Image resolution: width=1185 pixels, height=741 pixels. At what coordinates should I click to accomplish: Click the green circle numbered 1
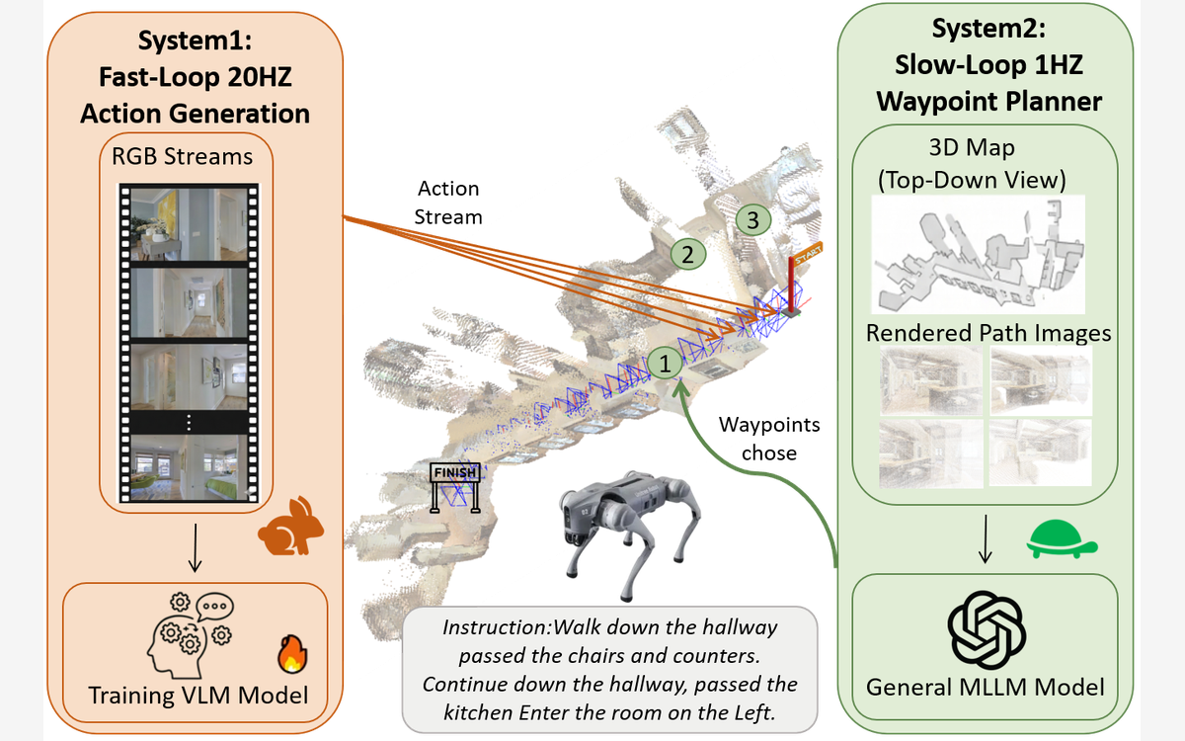pyautogui.click(x=665, y=364)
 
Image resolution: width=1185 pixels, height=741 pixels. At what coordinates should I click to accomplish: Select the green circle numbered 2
pyautogui.click(x=687, y=255)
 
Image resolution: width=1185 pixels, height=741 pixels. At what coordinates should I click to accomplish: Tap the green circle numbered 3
pyautogui.click(x=752, y=219)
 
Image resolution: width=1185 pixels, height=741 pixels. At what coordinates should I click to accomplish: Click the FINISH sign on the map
pyautogui.click(x=455, y=487)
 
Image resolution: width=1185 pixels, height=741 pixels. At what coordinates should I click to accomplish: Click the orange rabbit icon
pyautogui.click(x=291, y=526)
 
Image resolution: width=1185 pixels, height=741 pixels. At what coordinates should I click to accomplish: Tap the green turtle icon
pyautogui.click(x=1062, y=538)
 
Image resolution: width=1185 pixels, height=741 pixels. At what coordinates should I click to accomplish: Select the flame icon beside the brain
pyautogui.click(x=292, y=654)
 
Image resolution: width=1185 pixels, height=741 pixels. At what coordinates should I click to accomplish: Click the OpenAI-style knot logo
pyautogui.click(x=987, y=630)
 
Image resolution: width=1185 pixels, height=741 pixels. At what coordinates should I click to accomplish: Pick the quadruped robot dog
pyautogui.click(x=630, y=534)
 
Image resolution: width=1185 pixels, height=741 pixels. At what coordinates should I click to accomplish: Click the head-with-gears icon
pyautogui.click(x=191, y=636)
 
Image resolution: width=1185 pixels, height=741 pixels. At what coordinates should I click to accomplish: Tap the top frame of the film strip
pyautogui.click(x=189, y=224)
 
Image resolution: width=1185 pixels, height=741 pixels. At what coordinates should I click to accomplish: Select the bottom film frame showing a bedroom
pyautogui.click(x=189, y=468)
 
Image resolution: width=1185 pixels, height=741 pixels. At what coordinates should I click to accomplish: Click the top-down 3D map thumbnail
pyautogui.click(x=979, y=255)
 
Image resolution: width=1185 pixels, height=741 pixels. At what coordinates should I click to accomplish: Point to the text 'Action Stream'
pyautogui.click(x=448, y=203)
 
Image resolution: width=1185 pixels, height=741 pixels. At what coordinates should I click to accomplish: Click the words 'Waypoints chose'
pyautogui.click(x=769, y=439)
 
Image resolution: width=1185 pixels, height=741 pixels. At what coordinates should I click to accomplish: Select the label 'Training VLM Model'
pyautogui.click(x=197, y=696)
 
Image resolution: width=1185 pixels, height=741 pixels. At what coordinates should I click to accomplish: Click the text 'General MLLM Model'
pyautogui.click(x=986, y=688)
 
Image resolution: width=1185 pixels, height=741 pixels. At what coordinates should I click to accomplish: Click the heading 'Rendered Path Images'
pyautogui.click(x=988, y=334)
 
